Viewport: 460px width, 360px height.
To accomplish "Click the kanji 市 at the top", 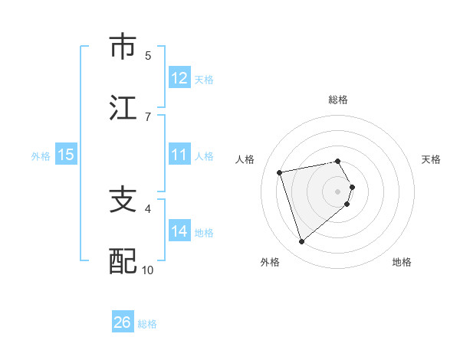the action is [123, 47].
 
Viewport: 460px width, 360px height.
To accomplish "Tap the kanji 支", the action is [123, 200].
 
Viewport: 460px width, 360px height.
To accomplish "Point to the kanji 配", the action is [123, 261].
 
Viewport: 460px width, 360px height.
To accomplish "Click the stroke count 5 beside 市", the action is [148, 55].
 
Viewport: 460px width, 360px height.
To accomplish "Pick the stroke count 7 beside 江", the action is [148, 116].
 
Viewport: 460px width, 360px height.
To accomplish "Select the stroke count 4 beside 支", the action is [148, 208].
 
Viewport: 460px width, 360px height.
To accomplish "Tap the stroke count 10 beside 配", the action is [148, 270].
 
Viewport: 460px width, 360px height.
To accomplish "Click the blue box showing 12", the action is [179, 78].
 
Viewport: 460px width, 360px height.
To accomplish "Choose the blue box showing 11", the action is [179, 155].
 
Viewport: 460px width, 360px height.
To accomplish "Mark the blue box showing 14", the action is [179, 231].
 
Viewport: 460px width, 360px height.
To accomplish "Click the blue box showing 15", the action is [66, 155].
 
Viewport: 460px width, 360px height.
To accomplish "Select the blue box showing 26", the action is [123, 322].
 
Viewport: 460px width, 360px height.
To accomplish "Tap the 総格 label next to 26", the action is [147, 324].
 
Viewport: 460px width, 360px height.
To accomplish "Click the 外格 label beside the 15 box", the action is [41, 155].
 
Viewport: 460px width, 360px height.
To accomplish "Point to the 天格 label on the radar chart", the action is [432, 159].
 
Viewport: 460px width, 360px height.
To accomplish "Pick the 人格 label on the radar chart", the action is [245, 159].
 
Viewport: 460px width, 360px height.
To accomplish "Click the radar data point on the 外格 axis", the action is [301, 242].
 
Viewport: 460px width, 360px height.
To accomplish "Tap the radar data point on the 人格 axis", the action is [280, 172].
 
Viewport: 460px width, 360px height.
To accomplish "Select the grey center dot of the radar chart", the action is [338, 191].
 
